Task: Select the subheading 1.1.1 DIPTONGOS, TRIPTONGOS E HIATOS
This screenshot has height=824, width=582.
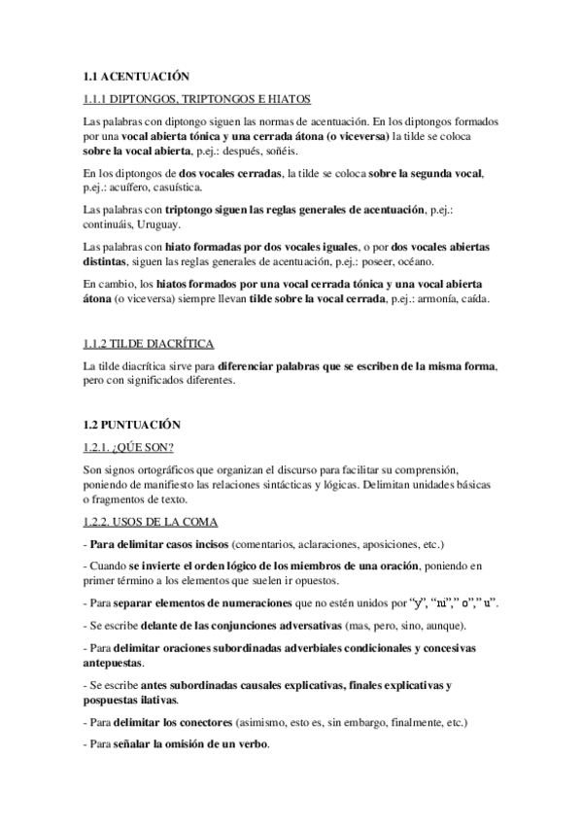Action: (x=197, y=99)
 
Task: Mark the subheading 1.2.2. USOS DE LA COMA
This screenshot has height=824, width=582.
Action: (x=151, y=523)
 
